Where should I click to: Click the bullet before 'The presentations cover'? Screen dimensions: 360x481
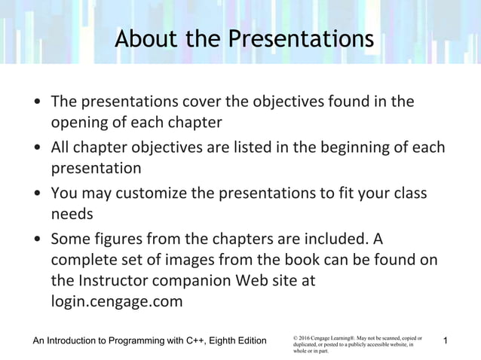pos(37,102)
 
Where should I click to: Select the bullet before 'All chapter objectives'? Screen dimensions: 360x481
pos(37,148)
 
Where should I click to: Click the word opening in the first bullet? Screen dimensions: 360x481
pos(79,122)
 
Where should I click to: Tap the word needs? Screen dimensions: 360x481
pos(72,214)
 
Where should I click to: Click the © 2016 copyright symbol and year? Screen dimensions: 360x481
pos(302,339)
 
